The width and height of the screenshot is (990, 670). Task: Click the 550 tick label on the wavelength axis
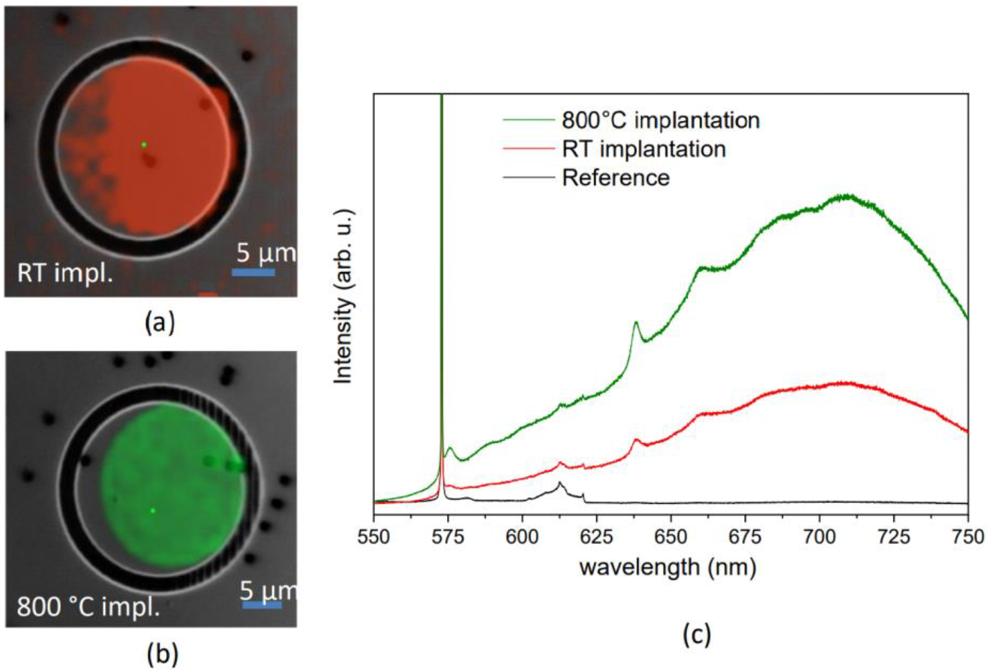point(374,537)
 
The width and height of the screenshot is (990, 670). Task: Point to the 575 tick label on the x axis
point(448,537)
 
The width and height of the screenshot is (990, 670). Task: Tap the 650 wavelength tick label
point(670,537)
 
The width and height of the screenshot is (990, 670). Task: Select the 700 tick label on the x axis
point(819,537)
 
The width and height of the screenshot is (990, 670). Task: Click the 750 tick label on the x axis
point(967,537)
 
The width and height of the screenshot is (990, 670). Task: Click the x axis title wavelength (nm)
point(668,567)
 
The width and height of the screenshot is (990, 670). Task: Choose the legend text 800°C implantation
point(660,121)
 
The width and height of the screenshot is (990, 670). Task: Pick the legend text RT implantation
point(644,149)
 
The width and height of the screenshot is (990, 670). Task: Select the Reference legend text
point(616,178)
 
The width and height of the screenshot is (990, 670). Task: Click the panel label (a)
point(160,322)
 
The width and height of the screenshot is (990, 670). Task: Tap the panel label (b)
point(162,654)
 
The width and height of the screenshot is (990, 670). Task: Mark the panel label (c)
point(696,634)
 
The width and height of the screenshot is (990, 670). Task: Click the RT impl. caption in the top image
point(65,273)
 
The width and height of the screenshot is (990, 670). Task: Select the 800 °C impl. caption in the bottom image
point(88,607)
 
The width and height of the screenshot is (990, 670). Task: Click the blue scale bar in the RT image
point(253,273)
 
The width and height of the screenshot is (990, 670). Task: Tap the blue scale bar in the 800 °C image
point(262,605)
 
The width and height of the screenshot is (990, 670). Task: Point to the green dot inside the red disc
point(143,145)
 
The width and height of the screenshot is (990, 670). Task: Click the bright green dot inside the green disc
point(152,511)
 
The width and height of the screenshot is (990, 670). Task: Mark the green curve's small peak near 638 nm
point(636,322)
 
